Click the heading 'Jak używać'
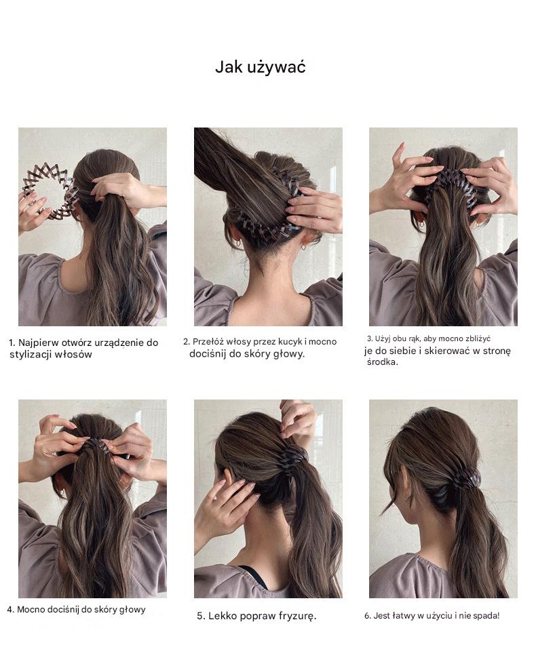(x=260, y=67)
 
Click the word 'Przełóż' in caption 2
(x=204, y=342)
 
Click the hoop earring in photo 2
(x=239, y=244)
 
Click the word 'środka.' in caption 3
(x=382, y=362)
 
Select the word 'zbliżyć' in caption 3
(x=478, y=338)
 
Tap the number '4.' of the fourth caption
(x=11, y=610)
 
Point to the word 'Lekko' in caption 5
(x=222, y=616)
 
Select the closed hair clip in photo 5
(x=292, y=456)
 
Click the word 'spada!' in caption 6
(x=486, y=616)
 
